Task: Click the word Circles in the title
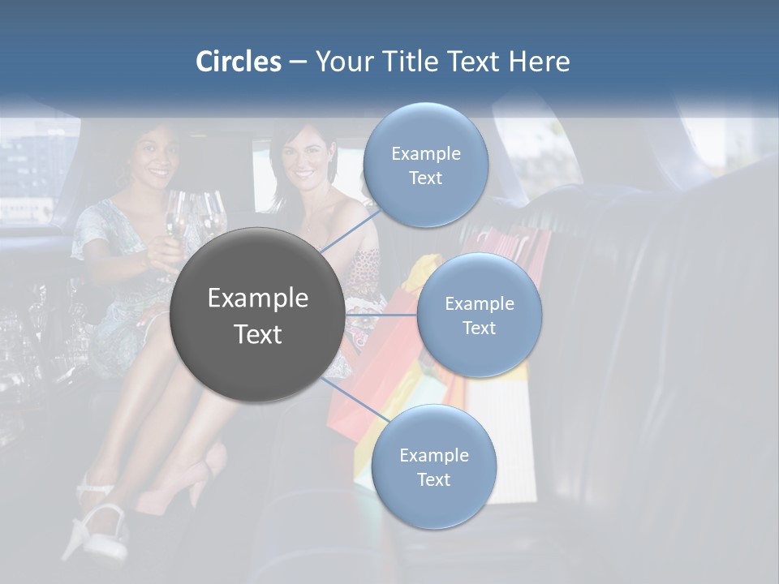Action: coord(239,62)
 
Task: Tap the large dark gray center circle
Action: coord(257,315)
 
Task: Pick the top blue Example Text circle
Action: coord(425,165)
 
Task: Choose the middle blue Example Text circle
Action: coord(479,316)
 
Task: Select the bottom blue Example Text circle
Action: coord(433,467)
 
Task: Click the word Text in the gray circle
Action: coord(258,334)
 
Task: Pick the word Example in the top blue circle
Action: coord(426,154)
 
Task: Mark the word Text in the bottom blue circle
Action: coord(433,479)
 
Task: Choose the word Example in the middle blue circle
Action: coord(480,304)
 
